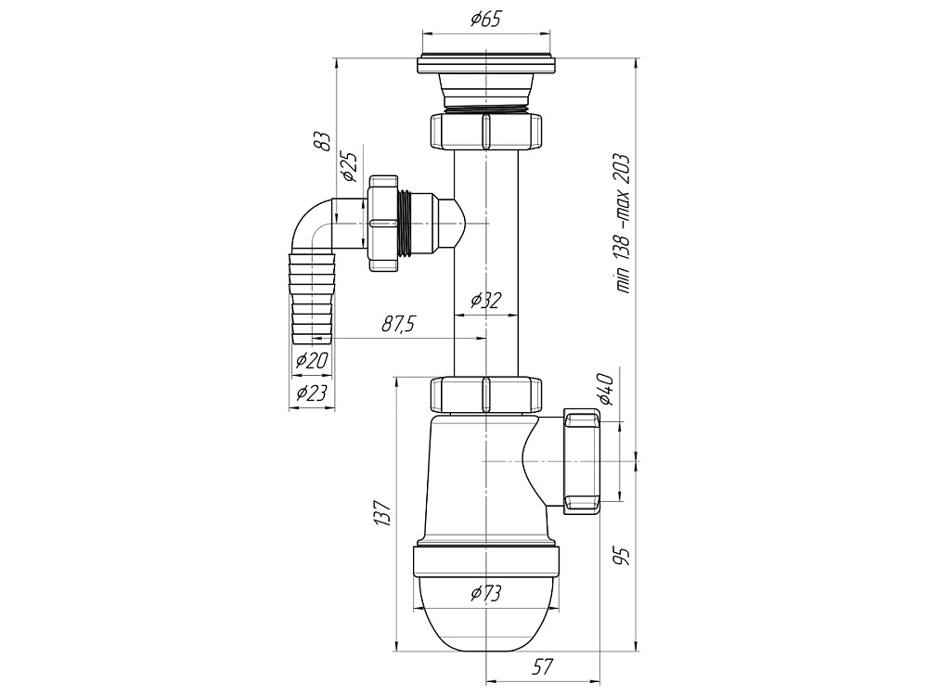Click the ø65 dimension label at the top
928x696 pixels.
coord(486,19)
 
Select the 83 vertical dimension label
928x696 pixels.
coord(321,141)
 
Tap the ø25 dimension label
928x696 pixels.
coord(349,166)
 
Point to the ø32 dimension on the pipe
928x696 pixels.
coord(485,300)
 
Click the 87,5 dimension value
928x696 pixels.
coord(398,324)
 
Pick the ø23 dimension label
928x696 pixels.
coord(310,393)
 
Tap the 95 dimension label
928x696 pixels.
coord(623,555)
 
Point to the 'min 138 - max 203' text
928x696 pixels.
coord(623,223)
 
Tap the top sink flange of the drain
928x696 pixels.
coord(486,66)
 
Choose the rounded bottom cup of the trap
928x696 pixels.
coord(485,617)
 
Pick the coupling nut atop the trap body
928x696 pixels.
coord(485,393)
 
